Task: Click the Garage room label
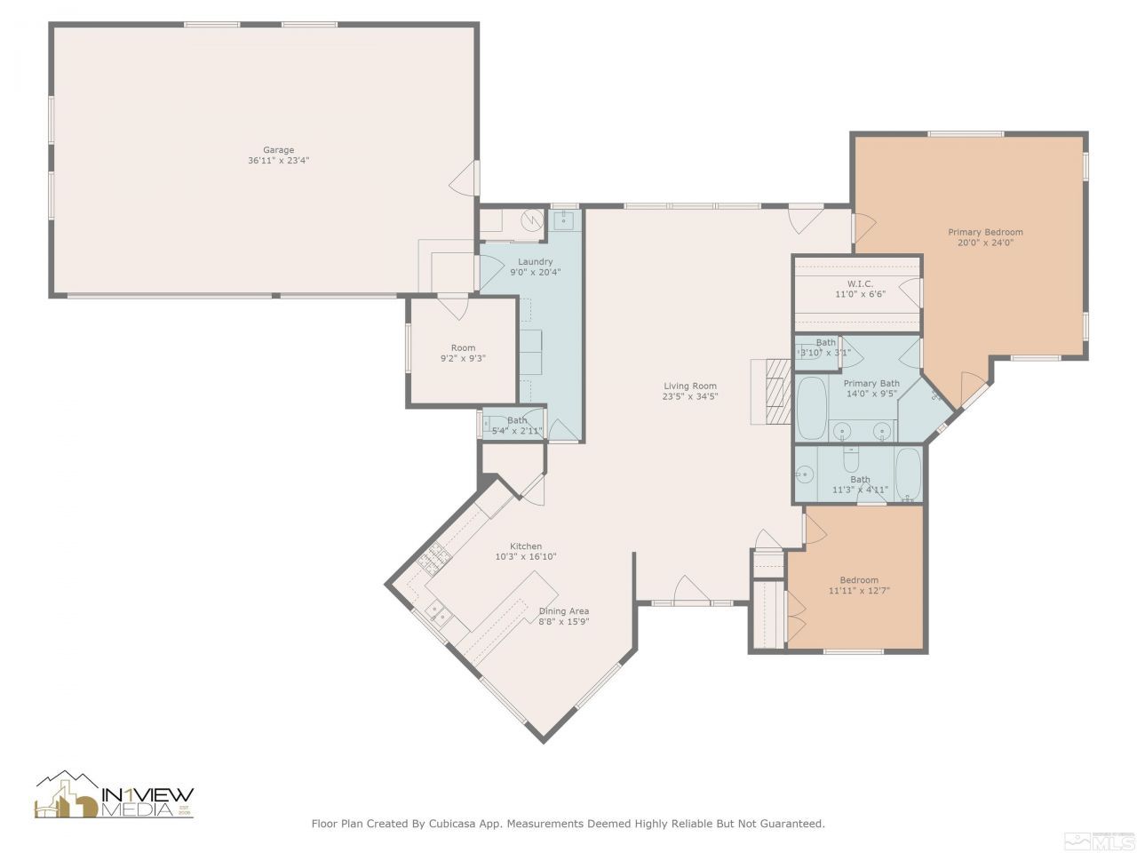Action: [x=278, y=150]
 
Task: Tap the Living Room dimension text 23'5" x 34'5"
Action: [x=690, y=396]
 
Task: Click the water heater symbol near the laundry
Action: [x=531, y=219]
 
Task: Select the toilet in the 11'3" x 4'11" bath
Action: [x=850, y=459]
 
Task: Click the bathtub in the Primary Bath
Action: [x=811, y=409]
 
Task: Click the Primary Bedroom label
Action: [x=985, y=232]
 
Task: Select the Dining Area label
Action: [x=563, y=610]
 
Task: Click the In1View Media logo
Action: [x=114, y=795]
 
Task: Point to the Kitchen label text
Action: [x=525, y=546]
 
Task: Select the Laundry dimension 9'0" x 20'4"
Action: [x=536, y=273]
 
